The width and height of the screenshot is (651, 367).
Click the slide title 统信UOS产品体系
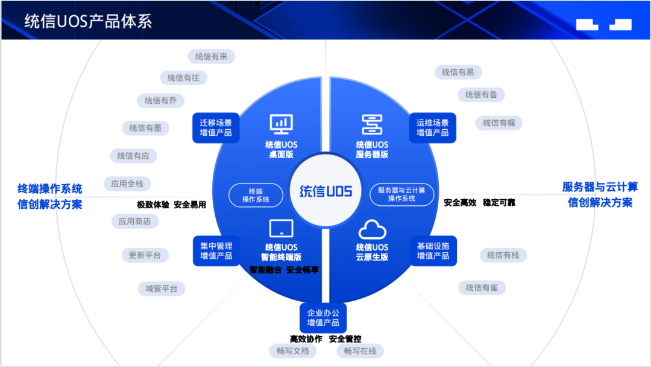point(88,22)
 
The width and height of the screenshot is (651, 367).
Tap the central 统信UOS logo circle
point(325,191)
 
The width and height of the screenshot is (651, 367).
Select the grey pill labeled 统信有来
point(211,57)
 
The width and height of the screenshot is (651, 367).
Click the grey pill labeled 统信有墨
point(145,128)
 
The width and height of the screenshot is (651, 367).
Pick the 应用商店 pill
point(134,222)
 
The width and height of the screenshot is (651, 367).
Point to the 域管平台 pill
point(162,289)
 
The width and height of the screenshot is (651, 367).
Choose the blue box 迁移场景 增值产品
point(216,127)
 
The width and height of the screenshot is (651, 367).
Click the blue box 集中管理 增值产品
point(216,251)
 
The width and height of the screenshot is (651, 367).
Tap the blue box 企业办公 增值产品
point(323,318)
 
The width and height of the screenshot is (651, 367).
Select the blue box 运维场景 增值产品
point(432,127)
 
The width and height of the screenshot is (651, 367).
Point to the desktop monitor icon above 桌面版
point(281,124)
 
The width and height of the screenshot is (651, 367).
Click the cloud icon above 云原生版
point(372,230)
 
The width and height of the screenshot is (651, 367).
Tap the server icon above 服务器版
point(372,124)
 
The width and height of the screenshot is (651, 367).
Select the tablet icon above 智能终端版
point(281,229)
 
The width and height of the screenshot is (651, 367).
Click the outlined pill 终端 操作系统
point(256,195)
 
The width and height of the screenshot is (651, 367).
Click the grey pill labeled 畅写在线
point(360,351)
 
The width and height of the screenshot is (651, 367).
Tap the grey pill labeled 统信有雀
point(482,288)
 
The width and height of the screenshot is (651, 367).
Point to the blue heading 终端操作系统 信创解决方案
point(50,196)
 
